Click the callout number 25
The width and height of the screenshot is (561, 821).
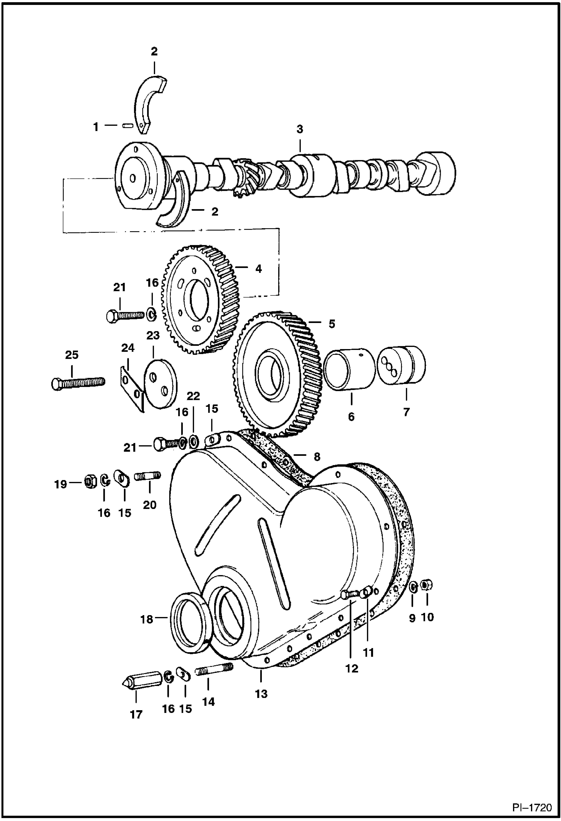(x=72, y=355)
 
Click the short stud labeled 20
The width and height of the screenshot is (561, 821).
(x=149, y=476)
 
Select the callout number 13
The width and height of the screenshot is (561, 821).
(x=261, y=694)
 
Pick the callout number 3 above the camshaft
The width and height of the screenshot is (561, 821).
(x=300, y=129)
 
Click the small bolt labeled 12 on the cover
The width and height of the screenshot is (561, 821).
(x=350, y=594)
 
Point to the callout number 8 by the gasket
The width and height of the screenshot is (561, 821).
(x=317, y=457)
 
